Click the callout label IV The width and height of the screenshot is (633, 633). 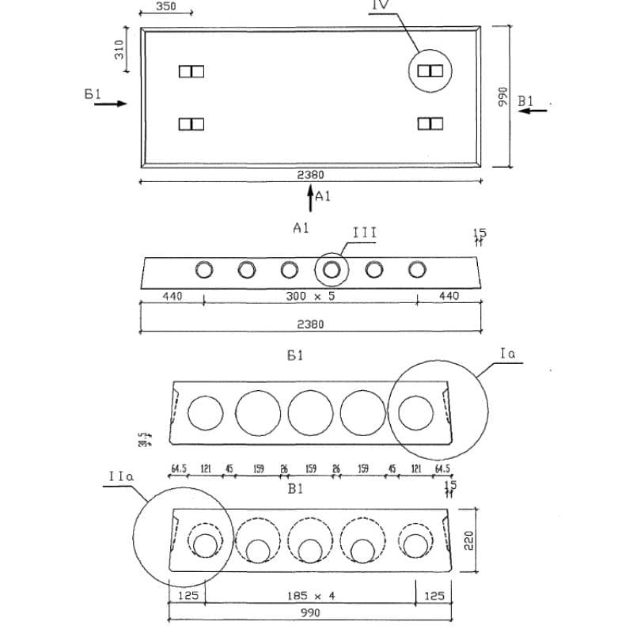(x=380, y=6)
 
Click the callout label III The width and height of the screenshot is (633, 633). (x=364, y=233)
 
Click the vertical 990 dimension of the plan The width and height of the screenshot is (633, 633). (x=502, y=97)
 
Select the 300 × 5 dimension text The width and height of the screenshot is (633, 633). (x=310, y=297)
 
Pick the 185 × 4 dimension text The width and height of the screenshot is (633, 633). (x=310, y=595)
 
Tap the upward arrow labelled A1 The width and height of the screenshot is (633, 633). (x=310, y=199)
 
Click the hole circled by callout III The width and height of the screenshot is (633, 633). (x=332, y=270)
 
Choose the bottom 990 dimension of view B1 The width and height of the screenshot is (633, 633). (x=310, y=614)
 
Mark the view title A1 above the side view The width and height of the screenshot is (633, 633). (x=301, y=228)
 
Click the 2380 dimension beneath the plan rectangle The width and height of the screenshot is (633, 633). (x=310, y=175)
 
